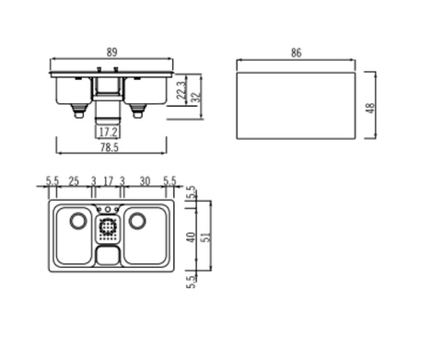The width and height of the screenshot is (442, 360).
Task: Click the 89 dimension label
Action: coord(112,52)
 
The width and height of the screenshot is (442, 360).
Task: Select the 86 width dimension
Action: coord(297,52)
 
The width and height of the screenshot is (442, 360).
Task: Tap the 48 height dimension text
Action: coord(371,108)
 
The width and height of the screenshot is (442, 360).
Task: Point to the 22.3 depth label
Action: coord(181,89)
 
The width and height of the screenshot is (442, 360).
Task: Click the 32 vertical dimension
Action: coord(196,98)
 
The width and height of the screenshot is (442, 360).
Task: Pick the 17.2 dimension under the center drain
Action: coord(108,133)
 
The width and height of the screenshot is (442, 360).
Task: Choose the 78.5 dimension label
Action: coord(110,147)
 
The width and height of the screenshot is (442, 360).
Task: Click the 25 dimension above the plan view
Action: coord(74,181)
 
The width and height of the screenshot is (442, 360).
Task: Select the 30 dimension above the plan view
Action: coord(145,181)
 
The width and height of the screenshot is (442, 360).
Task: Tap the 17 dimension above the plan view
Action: coord(109,181)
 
